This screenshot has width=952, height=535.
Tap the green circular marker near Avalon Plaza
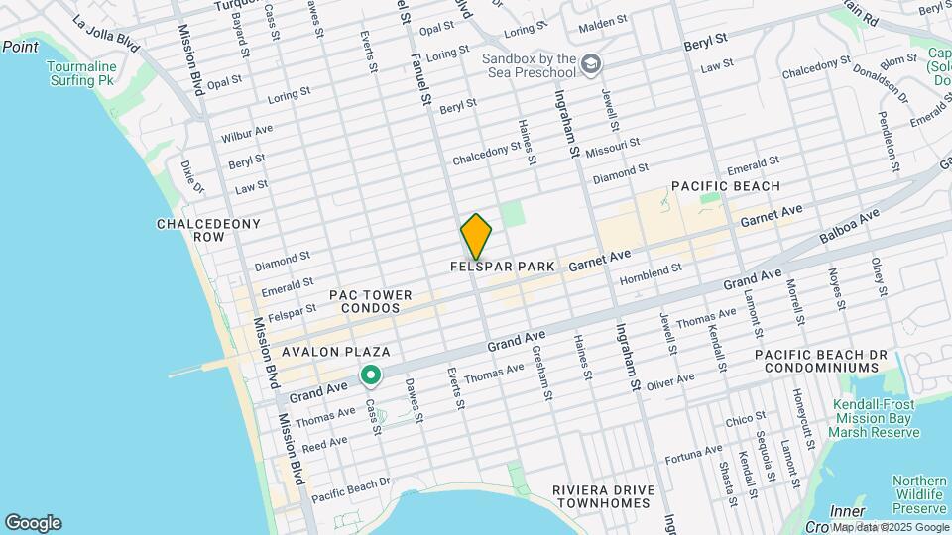pyautogui.click(x=371, y=375)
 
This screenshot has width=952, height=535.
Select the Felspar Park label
pyautogui.click(x=502, y=267)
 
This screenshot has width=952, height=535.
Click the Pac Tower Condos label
pyautogui.click(x=365, y=301)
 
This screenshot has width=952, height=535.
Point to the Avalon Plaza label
pyautogui.click(x=335, y=352)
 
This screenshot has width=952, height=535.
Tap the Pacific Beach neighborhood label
pyautogui.click(x=725, y=186)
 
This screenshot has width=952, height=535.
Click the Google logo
pyautogui.click(x=33, y=522)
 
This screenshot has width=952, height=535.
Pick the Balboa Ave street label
pyautogui.click(x=850, y=227)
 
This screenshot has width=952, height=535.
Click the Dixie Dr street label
pyautogui.click(x=191, y=178)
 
